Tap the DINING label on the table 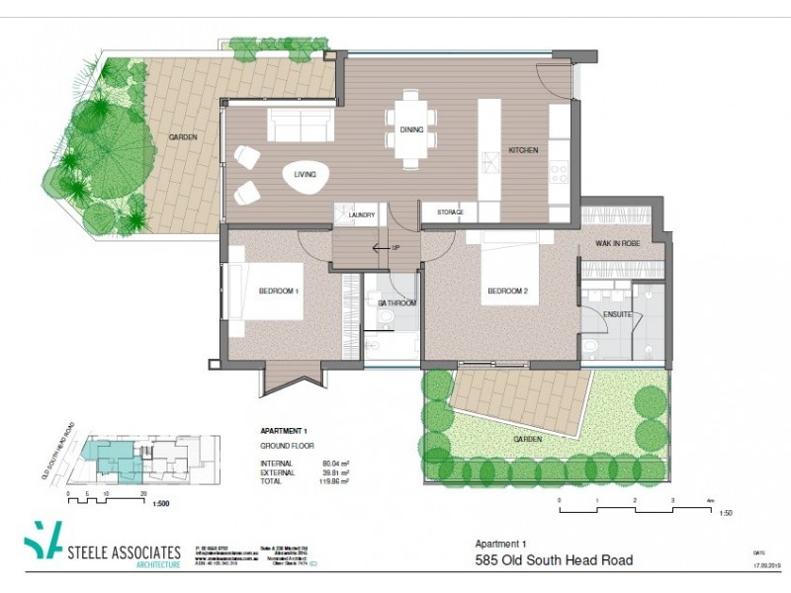point(411,129)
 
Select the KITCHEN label point(523,150)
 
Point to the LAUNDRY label point(359,212)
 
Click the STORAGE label point(443,212)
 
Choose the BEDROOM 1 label point(279,292)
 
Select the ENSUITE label point(617,313)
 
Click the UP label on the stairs point(396,248)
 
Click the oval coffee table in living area point(301,177)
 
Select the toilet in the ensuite point(590,346)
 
